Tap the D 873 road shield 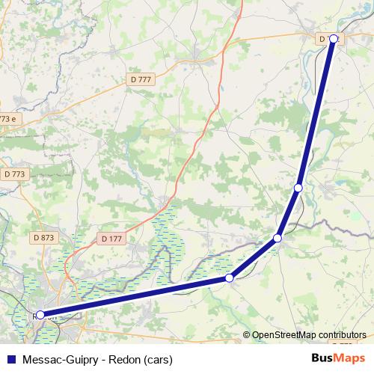(x=44, y=238)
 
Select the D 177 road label (x=110, y=238)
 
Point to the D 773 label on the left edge (x=14, y=174)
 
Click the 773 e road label (x=7, y=119)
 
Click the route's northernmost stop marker (x=334, y=39)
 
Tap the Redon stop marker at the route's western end (x=40, y=315)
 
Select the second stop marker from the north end (x=298, y=188)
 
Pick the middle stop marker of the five (x=278, y=238)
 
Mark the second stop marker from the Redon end (x=230, y=278)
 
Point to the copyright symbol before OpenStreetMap (x=247, y=335)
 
